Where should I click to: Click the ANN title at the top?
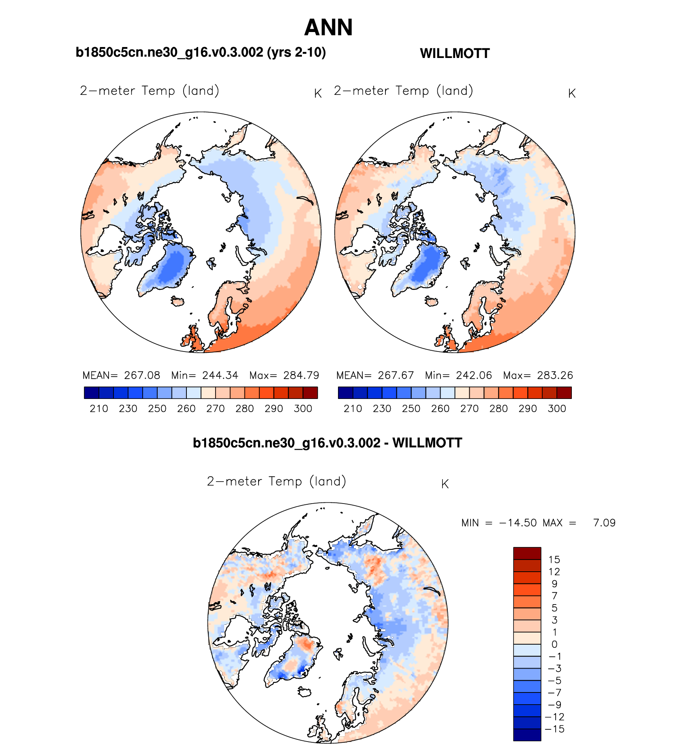pos(328,28)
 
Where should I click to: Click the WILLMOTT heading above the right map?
pos(455,54)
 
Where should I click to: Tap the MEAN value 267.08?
pos(142,375)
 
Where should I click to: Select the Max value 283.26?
pos(555,375)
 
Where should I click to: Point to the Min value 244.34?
pos(220,375)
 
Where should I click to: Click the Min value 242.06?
pos(474,375)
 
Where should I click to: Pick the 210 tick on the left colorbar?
pos(99,409)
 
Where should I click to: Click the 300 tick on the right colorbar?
pos(557,409)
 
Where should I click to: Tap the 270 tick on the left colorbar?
pos(216,409)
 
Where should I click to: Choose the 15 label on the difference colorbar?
pos(554,560)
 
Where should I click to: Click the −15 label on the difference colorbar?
pos(554,729)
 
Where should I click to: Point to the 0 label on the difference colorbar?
pos(554,644)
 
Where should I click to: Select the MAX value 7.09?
pos(604,523)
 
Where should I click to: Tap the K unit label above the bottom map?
pos(445,484)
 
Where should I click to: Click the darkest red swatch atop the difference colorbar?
pos(527,553)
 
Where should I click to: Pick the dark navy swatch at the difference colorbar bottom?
pos(527,735)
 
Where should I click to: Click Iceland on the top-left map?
pos(177,301)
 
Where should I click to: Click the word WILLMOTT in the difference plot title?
pos(427,443)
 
